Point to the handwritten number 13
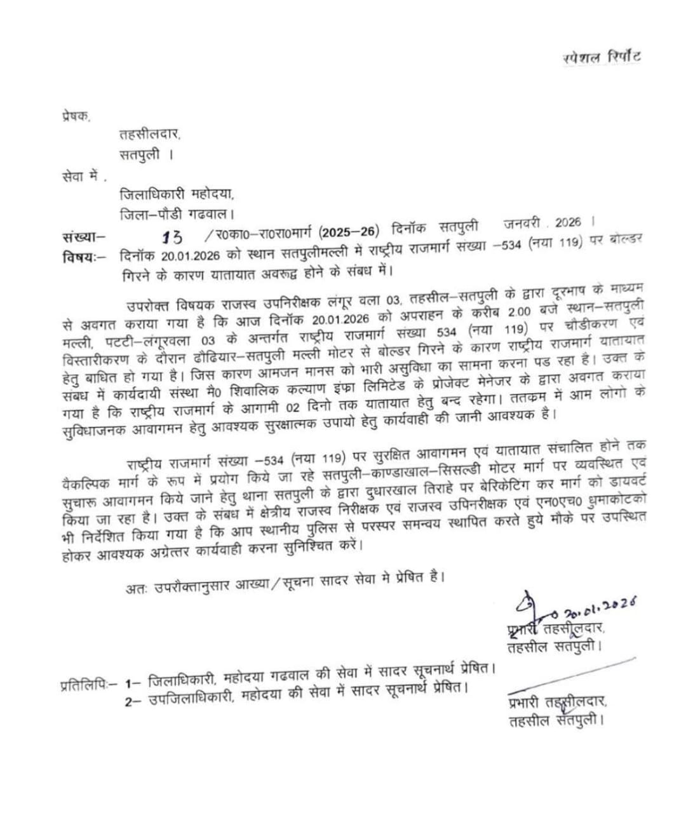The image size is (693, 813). point(172,238)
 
